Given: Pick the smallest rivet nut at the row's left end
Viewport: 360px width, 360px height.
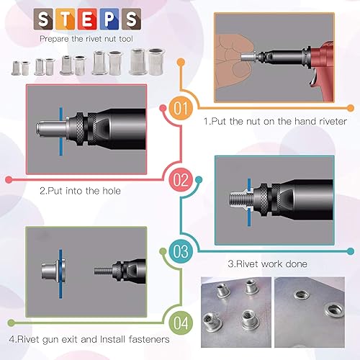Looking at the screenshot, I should pos(15,69).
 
